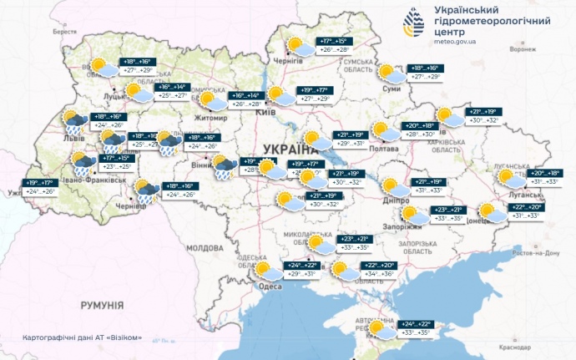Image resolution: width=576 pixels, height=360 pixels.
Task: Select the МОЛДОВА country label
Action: tap(204, 248)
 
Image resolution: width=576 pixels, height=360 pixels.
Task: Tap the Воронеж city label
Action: tap(522, 49)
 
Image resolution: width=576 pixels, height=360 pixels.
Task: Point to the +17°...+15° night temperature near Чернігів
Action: tap(334, 41)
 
